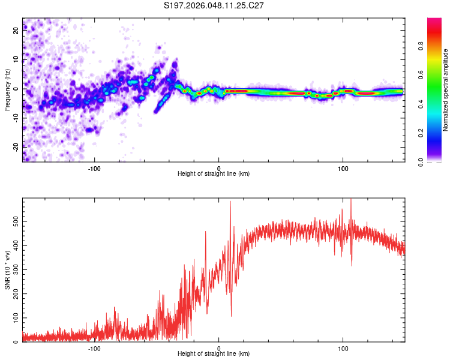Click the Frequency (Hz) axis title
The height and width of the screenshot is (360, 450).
click(7, 90)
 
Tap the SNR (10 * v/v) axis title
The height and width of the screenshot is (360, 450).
click(7, 269)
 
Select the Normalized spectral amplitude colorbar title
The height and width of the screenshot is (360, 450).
click(446, 90)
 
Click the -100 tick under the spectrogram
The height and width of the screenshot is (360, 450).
click(94, 167)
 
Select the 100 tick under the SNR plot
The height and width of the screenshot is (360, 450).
click(343, 348)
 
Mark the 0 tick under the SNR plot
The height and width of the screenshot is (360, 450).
click(218, 348)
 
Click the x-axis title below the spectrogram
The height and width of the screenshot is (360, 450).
click(214, 174)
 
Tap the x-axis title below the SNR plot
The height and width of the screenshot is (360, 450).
click(214, 355)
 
